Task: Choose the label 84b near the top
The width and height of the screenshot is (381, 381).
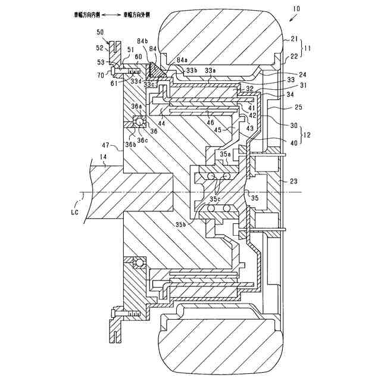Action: tap(143, 41)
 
